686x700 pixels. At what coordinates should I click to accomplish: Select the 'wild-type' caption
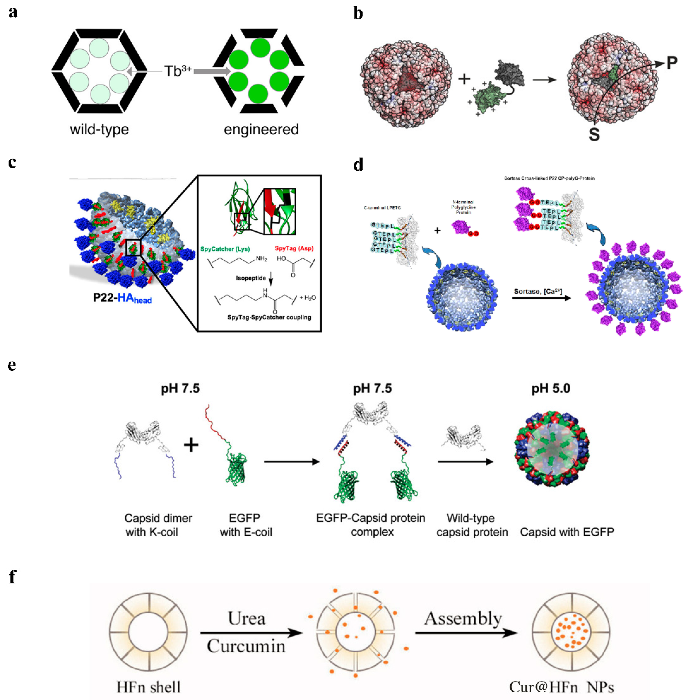99,129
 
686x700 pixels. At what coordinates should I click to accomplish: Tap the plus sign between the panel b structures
464,79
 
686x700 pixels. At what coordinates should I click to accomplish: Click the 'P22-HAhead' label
122,298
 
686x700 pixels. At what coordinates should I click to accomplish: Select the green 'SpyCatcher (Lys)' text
225,249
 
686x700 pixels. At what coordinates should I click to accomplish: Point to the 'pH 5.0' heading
550,389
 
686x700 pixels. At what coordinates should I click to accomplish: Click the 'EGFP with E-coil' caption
245,525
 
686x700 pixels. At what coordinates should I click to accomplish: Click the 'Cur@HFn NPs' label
561,687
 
